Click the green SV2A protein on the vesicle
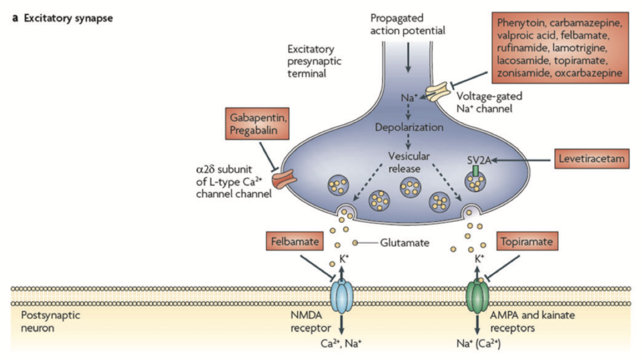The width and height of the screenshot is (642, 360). [x=475, y=171]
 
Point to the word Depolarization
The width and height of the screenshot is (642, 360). [x=409, y=127]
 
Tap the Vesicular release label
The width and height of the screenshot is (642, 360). [x=408, y=162]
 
